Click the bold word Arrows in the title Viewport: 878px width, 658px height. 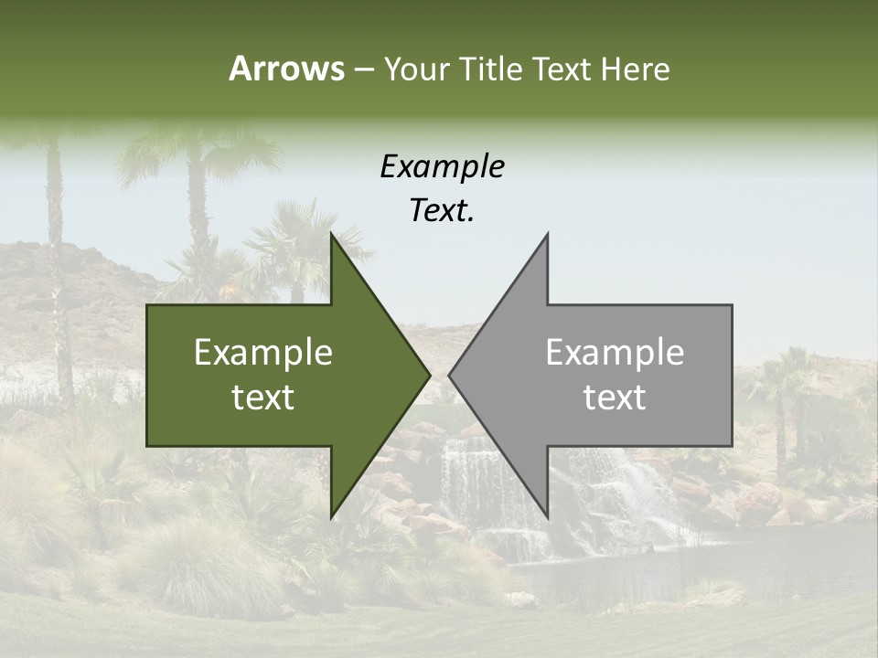click(287, 69)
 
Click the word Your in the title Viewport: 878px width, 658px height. click(416, 69)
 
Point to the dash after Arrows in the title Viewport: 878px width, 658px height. click(364, 69)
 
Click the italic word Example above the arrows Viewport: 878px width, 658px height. click(442, 166)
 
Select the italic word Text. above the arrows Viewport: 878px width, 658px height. click(442, 211)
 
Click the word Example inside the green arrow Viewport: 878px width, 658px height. click(263, 353)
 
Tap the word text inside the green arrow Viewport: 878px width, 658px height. click(263, 398)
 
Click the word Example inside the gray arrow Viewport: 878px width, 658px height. click(615, 353)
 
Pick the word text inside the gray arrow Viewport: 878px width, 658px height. click(615, 398)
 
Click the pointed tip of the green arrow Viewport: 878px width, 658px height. click(429, 375)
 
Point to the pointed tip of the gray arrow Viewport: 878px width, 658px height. click(449, 375)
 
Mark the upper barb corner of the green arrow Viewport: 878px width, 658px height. click(331, 234)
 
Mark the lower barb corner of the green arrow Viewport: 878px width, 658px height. click(331, 516)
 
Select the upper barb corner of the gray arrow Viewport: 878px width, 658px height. click(547, 234)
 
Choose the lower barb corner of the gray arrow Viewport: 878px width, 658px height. click(547, 516)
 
